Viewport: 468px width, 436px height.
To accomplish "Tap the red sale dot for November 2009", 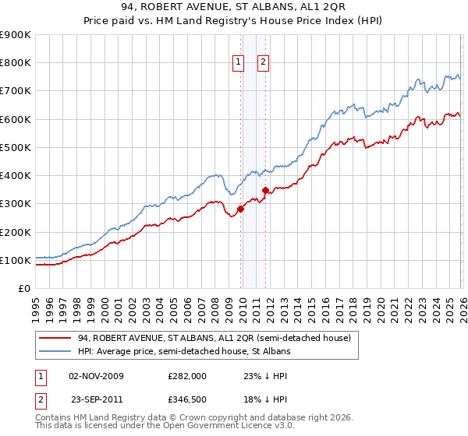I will [x=240, y=209].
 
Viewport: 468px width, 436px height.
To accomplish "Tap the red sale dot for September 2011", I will [x=266, y=190].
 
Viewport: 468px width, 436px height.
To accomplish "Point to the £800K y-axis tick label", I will [x=16, y=63].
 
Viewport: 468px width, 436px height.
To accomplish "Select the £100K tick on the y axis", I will [x=16, y=260].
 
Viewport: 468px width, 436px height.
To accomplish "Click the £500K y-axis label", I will [x=16, y=147].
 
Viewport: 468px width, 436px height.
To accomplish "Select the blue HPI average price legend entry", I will [x=183, y=352].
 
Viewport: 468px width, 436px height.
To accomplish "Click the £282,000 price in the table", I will [x=187, y=375].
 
